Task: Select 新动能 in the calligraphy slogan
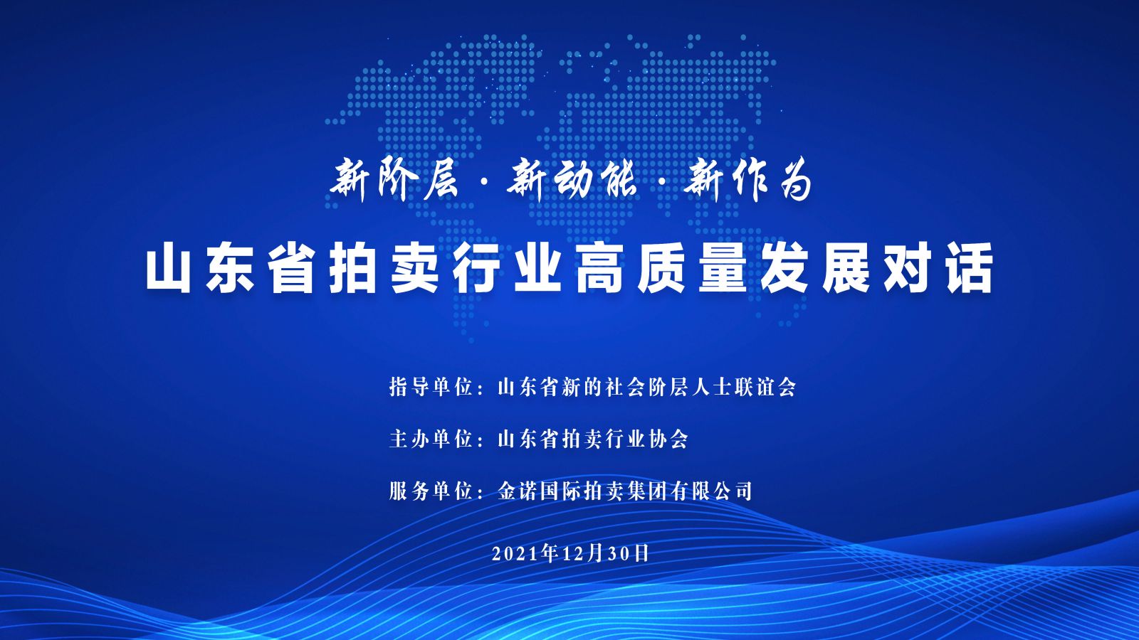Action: (572, 180)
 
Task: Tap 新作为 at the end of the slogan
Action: (747, 180)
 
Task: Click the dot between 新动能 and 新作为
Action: (660, 182)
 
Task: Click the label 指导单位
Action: (431, 387)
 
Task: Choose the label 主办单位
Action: (431, 439)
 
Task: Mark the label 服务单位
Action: (431, 491)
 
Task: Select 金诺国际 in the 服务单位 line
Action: (538, 491)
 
